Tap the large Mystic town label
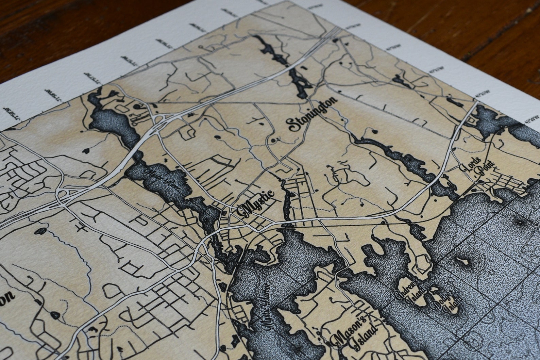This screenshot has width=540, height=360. coord(257,205)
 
